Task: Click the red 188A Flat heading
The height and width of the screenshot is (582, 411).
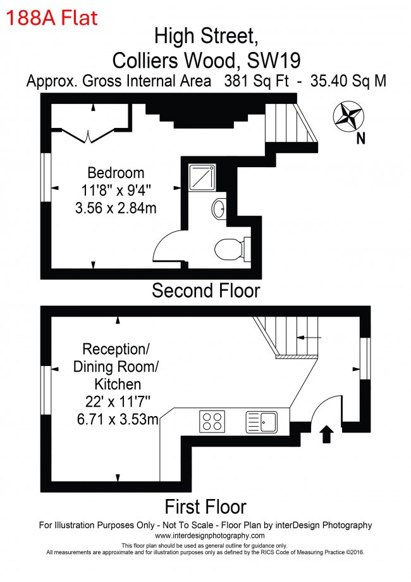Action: tap(52, 18)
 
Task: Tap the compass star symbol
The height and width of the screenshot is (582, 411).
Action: tap(348, 116)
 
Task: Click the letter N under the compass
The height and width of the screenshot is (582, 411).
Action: tap(360, 139)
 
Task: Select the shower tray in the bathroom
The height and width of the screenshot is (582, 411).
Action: tap(202, 177)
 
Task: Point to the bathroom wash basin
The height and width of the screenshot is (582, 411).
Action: tap(219, 209)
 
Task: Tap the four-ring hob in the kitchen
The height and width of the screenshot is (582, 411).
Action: tap(212, 421)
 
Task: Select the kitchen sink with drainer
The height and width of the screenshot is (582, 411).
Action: tap(261, 422)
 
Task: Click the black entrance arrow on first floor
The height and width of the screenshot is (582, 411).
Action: tap(326, 434)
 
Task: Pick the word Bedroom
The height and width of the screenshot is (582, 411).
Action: tap(116, 173)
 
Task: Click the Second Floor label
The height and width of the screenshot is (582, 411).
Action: tap(206, 290)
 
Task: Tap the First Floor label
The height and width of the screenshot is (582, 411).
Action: tap(205, 507)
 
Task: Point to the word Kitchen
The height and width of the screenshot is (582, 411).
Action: tap(118, 384)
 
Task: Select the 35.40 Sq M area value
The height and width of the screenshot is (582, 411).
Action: tap(348, 81)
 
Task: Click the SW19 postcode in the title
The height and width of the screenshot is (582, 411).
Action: tap(274, 60)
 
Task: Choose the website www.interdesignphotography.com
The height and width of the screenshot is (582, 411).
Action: tap(210, 536)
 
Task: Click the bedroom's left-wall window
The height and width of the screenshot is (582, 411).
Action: tap(46, 177)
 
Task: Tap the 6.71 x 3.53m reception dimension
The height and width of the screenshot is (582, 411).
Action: tap(118, 419)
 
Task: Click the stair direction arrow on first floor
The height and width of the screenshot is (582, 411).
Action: tap(309, 338)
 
